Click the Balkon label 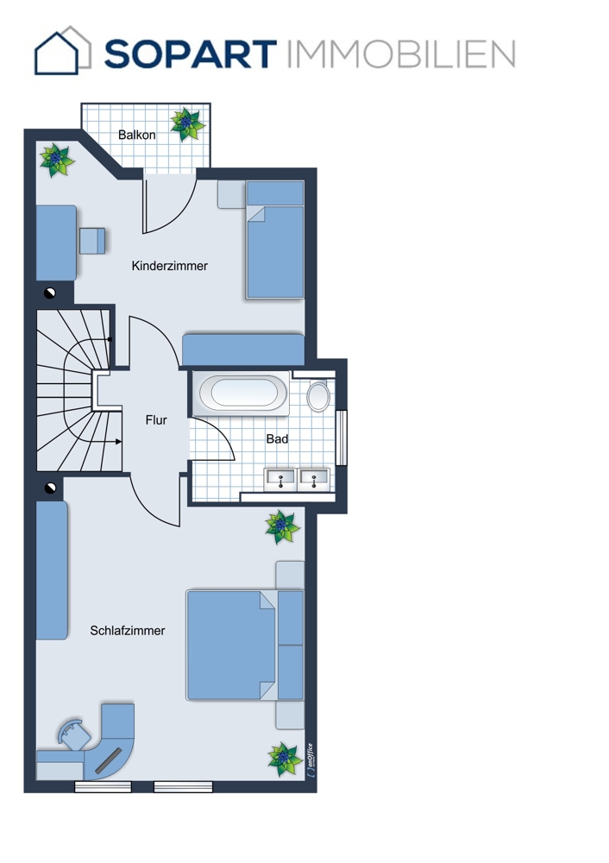point(136,135)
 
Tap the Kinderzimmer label point(169,266)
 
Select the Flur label point(156,420)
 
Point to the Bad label point(277,438)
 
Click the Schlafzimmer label point(128,631)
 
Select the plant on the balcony point(187,124)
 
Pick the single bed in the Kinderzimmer point(275,240)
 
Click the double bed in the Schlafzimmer point(245,645)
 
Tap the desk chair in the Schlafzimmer point(74,734)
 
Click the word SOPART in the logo point(191,54)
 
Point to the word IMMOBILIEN point(401,54)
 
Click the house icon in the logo point(63,50)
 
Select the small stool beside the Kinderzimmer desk point(92,241)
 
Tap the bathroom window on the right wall point(342,438)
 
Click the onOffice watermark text point(311,760)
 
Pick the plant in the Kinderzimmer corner point(57,160)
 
